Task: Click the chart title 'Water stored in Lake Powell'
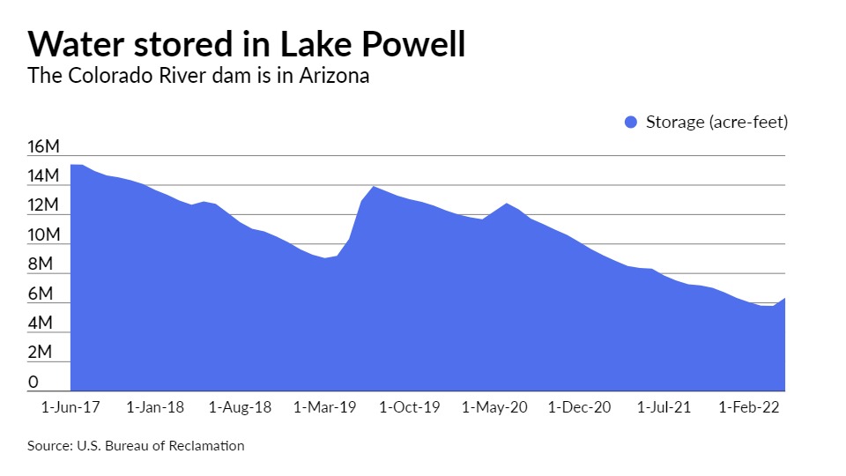246,43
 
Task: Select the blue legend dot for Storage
630,122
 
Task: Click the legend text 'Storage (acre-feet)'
716,122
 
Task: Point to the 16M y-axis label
43,147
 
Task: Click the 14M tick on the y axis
43,176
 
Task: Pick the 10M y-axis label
43,235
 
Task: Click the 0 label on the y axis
33,382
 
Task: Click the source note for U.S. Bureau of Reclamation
136,446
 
